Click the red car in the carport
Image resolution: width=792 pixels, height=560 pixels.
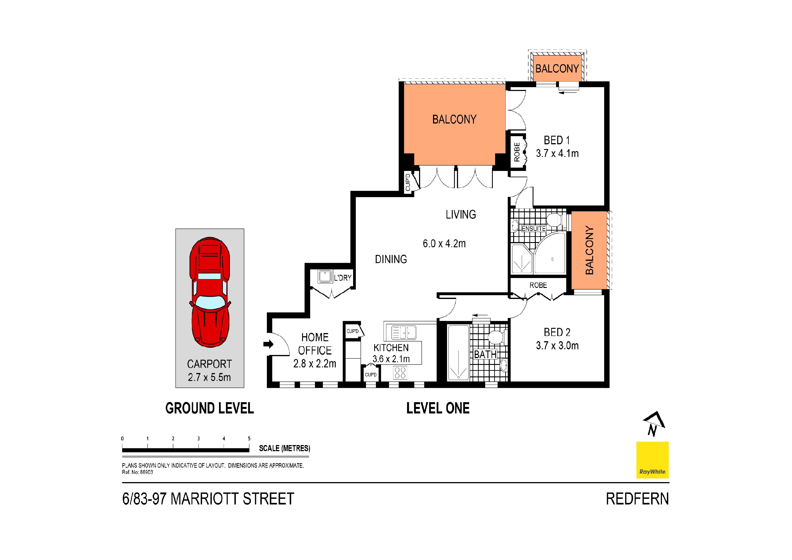[x=210, y=292]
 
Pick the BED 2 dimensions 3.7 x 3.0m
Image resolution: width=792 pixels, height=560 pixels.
[x=557, y=345]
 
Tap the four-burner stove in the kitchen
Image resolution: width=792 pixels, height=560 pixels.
[x=400, y=373]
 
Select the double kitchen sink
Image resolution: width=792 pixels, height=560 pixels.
[x=404, y=333]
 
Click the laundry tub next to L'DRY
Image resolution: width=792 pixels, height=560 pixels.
[x=325, y=276]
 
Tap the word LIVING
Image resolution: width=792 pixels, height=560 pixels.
[x=461, y=215]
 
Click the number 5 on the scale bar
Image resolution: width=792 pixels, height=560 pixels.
[x=249, y=439]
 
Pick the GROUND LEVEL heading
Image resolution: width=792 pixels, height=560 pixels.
[x=210, y=408]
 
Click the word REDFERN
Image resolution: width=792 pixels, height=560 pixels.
[x=638, y=499]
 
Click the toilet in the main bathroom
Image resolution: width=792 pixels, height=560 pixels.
[x=497, y=337]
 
